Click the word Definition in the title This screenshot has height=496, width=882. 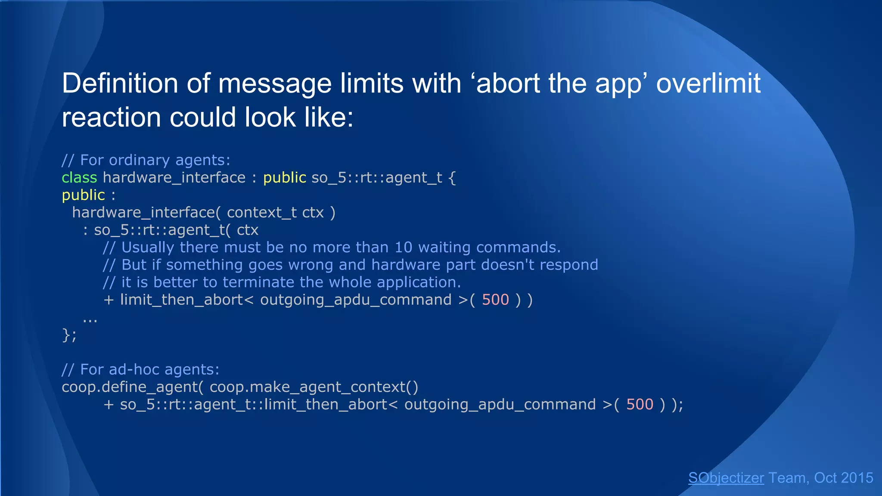point(120,83)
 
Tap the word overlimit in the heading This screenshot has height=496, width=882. point(708,83)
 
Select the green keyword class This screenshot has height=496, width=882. point(79,177)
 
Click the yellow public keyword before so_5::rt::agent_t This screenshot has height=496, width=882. point(284,177)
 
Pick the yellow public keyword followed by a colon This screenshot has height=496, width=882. point(83,195)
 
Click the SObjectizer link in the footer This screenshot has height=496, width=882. point(726,478)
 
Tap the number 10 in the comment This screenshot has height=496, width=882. point(404,247)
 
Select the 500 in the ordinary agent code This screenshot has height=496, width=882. point(495,300)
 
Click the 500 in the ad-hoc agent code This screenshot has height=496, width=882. point(640,404)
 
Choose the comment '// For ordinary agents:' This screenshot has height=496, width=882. point(146,160)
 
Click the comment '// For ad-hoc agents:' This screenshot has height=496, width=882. point(140,369)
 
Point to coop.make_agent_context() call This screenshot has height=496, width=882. point(314,387)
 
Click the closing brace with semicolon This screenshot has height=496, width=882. point(69,335)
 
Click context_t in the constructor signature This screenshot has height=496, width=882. point(262,212)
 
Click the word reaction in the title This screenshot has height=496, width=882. point(112,118)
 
